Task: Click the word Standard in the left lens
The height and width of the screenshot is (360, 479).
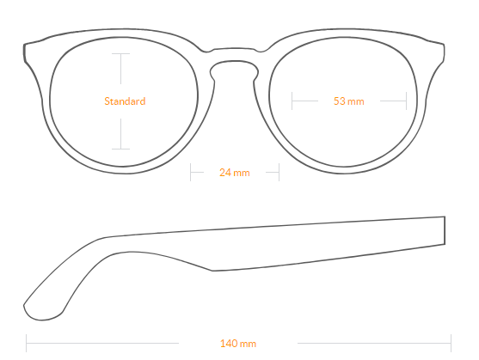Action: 125,101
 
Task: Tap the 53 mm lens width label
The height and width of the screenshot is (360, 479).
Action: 348,101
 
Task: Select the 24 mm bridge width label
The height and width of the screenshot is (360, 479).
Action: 234,173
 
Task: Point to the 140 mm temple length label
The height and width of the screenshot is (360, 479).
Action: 238,344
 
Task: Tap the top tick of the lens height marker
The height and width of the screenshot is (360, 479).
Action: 120,53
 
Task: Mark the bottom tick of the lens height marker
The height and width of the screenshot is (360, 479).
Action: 120,149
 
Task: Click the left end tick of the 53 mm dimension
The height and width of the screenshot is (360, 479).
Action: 292,101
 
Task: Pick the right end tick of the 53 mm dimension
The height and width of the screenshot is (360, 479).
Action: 406,101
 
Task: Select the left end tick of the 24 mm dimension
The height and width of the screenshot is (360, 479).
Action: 190,172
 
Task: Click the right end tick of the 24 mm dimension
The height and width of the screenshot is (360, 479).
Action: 279,172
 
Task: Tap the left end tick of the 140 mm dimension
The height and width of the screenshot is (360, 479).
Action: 27,343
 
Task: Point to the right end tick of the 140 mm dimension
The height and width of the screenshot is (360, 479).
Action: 451,343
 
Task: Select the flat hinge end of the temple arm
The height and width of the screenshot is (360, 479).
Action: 445,230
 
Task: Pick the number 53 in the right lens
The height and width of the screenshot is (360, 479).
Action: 339,101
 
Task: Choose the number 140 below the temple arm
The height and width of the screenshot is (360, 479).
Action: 229,344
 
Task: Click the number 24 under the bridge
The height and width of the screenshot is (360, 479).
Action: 225,173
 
